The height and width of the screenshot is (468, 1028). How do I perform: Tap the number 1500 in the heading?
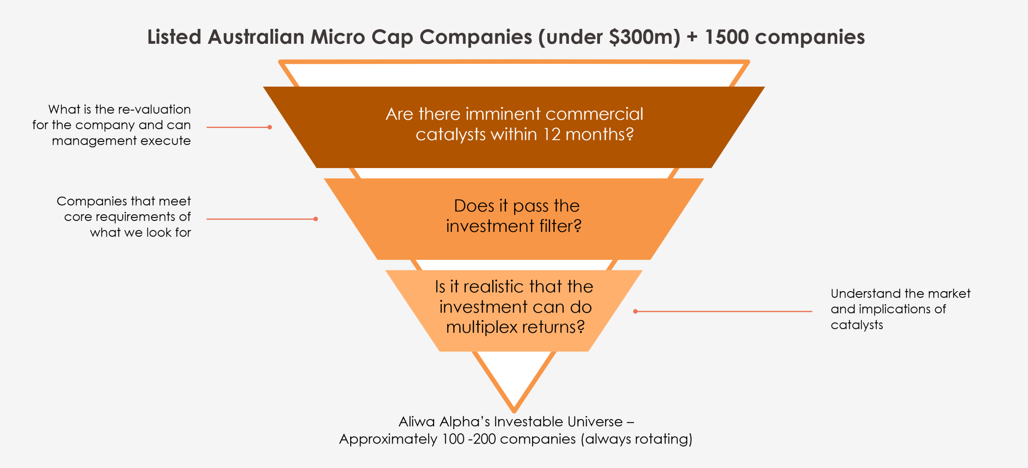(x=726, y=37)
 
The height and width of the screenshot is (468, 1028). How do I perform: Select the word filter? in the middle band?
(x=560, y=226)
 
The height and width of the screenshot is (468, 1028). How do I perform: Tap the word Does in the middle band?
(x=474, y=206)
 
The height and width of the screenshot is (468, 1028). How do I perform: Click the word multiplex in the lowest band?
(x=481, y=327)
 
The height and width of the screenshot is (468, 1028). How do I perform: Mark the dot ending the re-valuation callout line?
(x=270, y=127)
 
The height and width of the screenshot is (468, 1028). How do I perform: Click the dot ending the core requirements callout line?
(x=316, y=219)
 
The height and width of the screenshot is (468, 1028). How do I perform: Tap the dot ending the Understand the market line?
(x=635, y=311)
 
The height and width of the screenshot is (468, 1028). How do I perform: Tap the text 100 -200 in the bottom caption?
(x=469, y=439)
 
